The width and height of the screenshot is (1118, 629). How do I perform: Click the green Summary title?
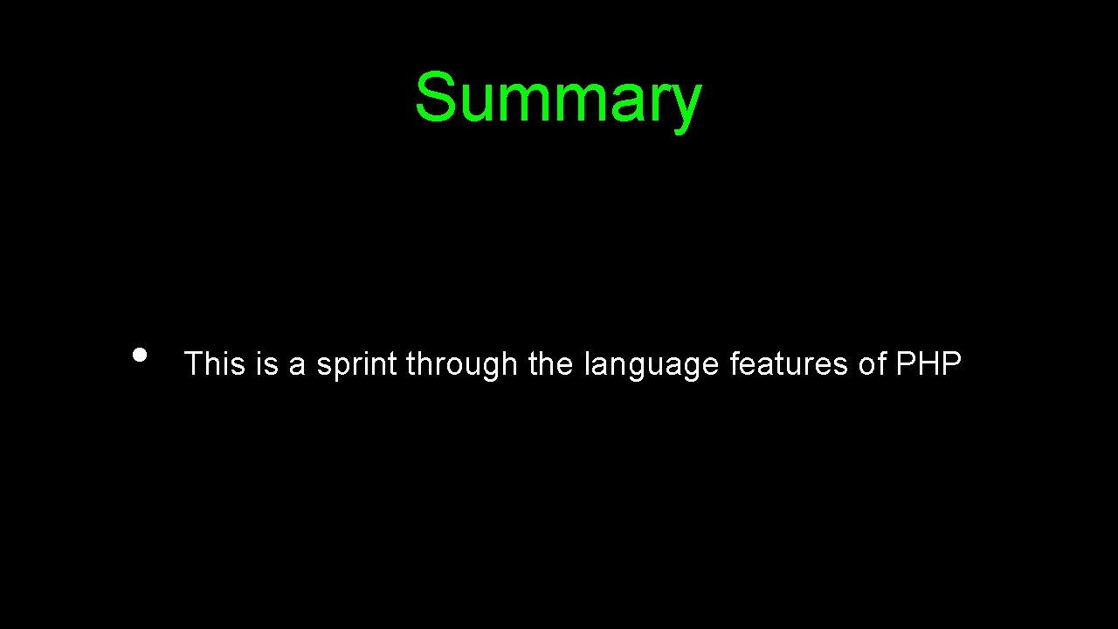click(557, 98)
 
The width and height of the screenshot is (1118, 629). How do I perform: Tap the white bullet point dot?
click(139, 355)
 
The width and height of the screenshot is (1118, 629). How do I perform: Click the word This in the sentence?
click(215, 363)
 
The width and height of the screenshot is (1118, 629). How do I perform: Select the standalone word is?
click(266, 363)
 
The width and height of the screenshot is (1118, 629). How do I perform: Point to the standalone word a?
click(297, 365)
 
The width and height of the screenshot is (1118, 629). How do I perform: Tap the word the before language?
click(550, 363)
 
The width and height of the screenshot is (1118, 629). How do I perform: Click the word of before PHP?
click(873, 363)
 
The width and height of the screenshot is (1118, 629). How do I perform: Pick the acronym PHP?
click(928, 363)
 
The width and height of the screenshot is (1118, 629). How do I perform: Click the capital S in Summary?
click(435, 97)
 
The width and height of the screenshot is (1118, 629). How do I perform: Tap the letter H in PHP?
click(928, 363)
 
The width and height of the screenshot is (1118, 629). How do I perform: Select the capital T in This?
click(193, 363)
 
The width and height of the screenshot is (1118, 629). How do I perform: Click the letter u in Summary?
click(476, 103)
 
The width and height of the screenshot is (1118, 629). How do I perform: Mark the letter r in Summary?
click(658, 103)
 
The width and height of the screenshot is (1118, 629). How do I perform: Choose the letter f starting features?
click(735, 363)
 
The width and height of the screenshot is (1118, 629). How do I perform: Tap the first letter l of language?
click(587, 363)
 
